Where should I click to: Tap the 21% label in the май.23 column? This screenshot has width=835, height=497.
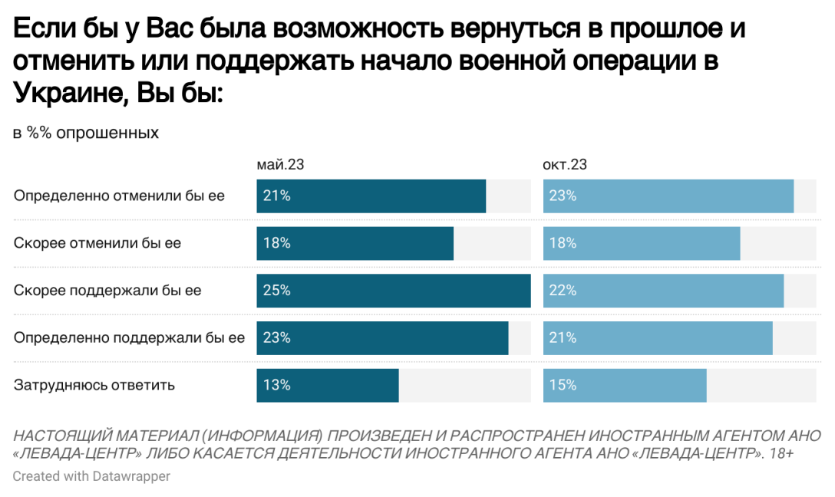(276, 196)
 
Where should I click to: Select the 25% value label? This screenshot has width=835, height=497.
(276, 291)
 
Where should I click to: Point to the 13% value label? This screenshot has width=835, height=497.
(276, 385)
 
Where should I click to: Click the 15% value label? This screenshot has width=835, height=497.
(563, 385)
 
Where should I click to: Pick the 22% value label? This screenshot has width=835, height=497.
(563, 291)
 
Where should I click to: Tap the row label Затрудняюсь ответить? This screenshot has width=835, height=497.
(94, 385)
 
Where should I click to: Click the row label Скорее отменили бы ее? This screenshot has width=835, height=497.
(97, 243)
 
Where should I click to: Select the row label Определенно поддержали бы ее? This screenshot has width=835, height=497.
(130, 337)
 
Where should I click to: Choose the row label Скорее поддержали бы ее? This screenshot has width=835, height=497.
(107, 291)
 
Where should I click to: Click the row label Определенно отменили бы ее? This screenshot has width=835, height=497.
(119, 196)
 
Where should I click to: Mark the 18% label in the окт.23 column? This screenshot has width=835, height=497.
(563, 243)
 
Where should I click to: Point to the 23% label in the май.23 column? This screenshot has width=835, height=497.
(276, 337)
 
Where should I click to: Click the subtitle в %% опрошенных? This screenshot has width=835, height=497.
(86, 133)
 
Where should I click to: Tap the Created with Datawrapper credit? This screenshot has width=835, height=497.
(91, 476)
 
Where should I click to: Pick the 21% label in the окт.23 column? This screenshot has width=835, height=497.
(563, 337)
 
